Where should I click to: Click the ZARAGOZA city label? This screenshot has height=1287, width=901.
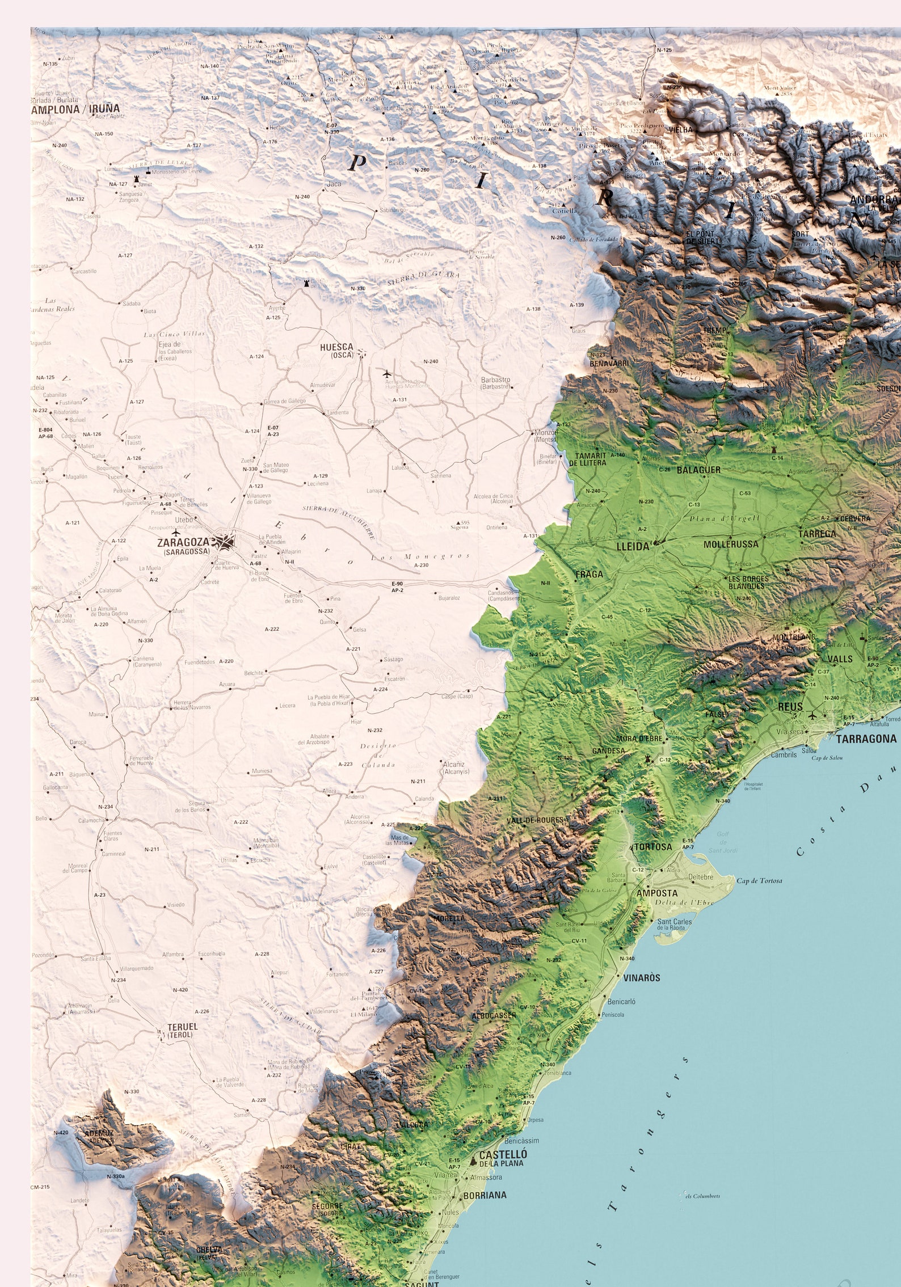click(x=183, y=542)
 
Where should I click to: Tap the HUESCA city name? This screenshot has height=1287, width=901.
click(x=336, y=347)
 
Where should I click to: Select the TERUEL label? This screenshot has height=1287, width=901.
click(x=182, y=1027)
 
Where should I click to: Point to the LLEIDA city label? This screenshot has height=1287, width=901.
click(x=633, y=547)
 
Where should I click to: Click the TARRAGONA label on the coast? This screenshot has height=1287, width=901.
click(x=866, y=739)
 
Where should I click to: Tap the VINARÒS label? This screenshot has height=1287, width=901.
click(x=642, y=978)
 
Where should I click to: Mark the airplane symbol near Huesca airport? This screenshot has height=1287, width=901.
click(x=387, y=374)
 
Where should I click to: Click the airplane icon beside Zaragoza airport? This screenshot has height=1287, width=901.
click(x=175, y=533)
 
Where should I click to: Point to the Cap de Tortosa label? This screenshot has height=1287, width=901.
click(x=759, y=880)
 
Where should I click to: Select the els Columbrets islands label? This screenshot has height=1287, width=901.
click(x=702, y=1192)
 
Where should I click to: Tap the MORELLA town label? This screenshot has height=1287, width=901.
click(x=449, y=918)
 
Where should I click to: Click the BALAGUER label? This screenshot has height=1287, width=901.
click(x=698, y=470)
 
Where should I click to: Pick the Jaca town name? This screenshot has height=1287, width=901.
click(x=334, y=184)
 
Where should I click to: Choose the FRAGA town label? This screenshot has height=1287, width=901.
click(x=589, y=574)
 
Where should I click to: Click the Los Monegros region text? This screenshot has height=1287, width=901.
click(x=420, y=556)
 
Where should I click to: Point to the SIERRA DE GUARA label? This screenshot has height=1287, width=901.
click(x=423, y=279)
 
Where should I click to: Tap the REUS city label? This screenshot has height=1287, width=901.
click(x=790, y=707)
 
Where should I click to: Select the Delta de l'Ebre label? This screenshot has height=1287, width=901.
click(x=683, y=902)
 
